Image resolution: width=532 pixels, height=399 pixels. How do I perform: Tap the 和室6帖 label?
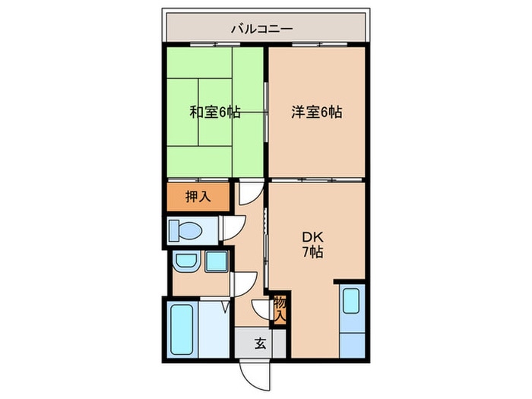coord(215,112)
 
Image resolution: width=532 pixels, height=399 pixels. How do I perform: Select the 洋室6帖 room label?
coord(316,112)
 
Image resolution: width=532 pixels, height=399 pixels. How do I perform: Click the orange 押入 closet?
coord(197,196)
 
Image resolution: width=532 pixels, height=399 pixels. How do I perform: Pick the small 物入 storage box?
coord(279,308)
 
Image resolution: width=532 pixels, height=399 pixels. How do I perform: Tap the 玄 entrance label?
coord(260,343)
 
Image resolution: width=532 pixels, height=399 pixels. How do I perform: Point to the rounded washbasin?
coord(184,262)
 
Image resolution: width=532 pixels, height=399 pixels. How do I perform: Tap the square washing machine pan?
coord(216,262)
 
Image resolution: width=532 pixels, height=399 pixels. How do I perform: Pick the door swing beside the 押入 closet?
coord(247,193)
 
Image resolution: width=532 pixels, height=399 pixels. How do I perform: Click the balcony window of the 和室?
coord(215,46)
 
